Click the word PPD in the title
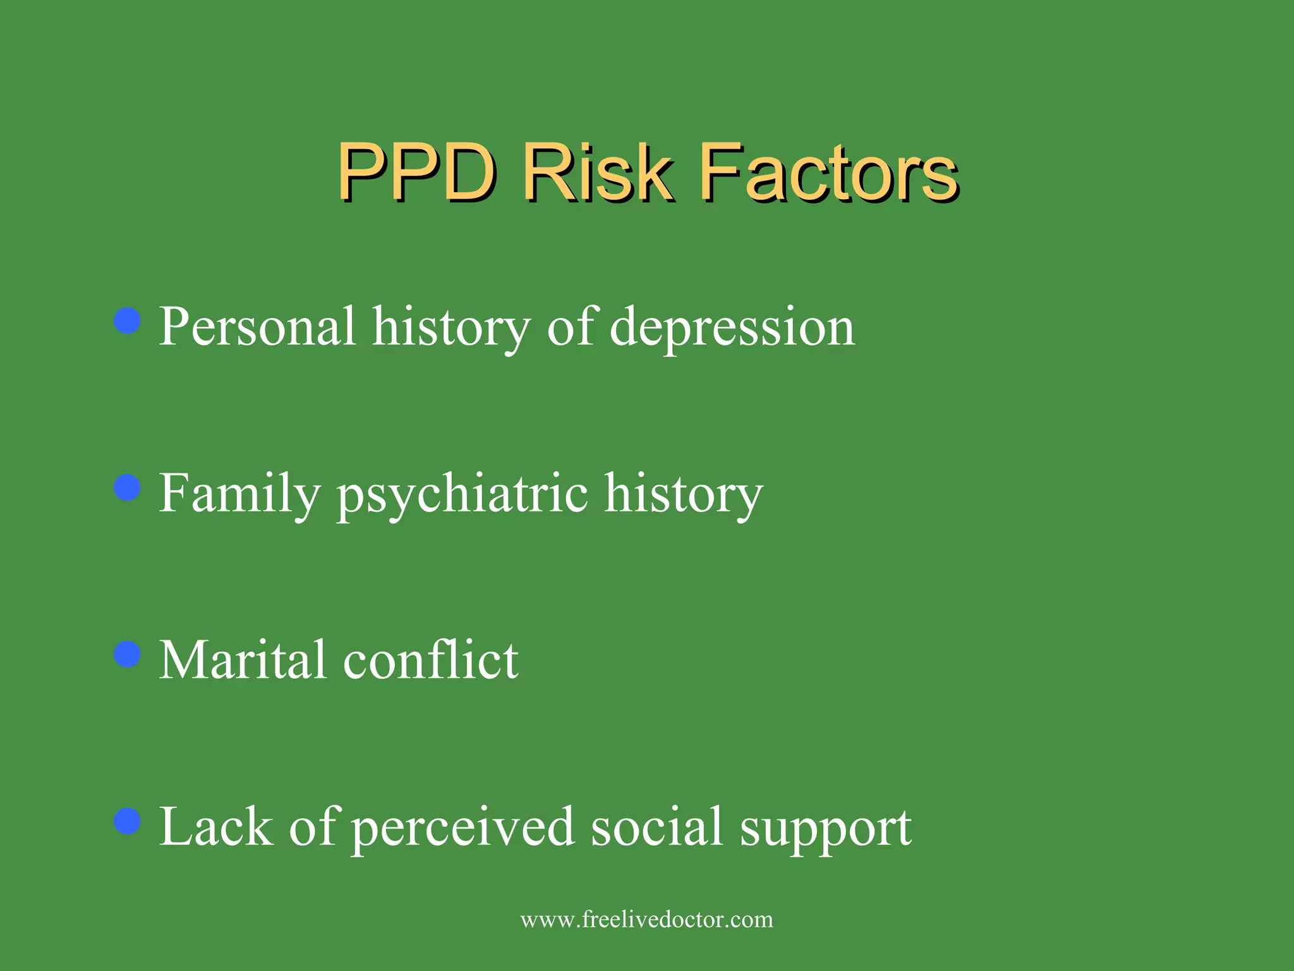[x=417, y=172]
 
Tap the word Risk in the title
[x=597, y=172]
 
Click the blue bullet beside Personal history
[x=128, y=321]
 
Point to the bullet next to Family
[x=128, y=487]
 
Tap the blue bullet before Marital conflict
[x=128, y=654]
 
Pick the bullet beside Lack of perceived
[x=128, y=821]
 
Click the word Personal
[x=257, y=327]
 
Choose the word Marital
[x=243, y=661]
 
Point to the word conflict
[x=430, y=661]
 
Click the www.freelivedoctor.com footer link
[x=646, y=919]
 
